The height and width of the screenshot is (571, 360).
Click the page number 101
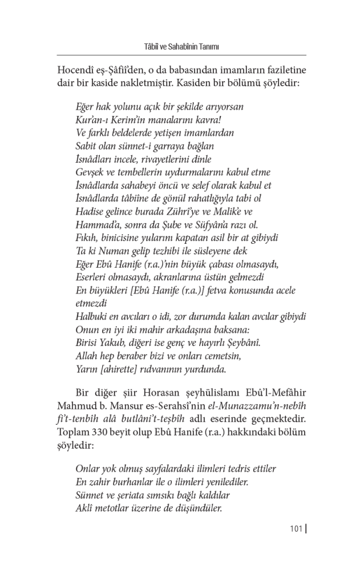295,529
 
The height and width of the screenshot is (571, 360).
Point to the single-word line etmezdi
92,303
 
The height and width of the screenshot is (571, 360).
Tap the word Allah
87,356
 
